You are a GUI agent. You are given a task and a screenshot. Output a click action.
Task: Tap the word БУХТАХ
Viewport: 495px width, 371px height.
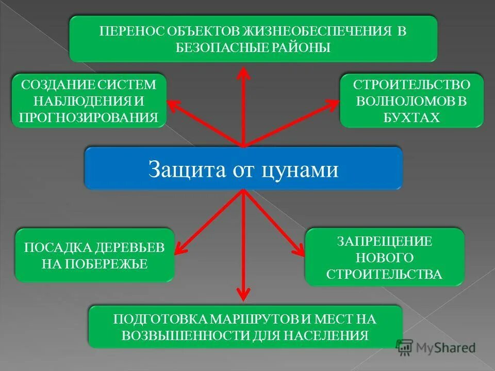tap(411, 117)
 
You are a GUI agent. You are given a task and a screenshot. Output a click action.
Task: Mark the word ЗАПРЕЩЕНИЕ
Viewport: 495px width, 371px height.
tap(385, 241)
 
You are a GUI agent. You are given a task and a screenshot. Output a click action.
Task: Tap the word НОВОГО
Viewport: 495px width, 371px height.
tap(385, 257)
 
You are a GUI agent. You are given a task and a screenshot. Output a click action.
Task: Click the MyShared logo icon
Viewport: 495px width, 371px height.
tap(405, 347)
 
